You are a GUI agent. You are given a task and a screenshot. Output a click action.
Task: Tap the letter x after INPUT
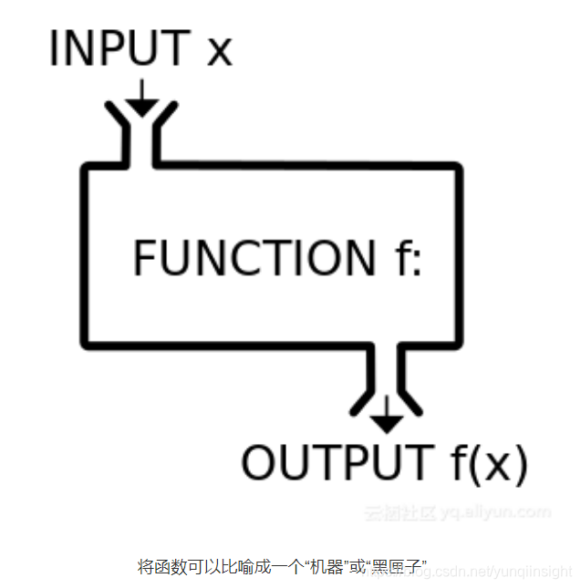coord(220,51)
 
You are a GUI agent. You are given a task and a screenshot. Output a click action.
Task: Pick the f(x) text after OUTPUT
coord(488,463)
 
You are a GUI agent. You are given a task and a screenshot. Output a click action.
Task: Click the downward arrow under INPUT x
coord(141,98)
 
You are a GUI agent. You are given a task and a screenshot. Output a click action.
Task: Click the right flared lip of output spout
coord(409,399)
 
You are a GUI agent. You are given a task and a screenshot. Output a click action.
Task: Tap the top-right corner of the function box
coord(456,168)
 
